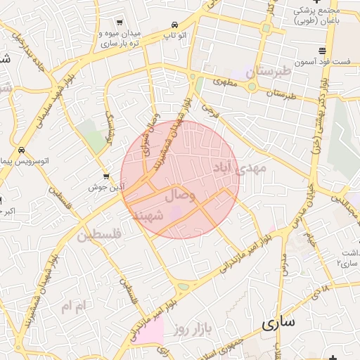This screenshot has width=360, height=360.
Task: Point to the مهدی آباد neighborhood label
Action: [238, 167]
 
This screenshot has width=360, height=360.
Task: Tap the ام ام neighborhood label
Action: [71, 306]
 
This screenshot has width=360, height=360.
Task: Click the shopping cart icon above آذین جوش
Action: [105, 176]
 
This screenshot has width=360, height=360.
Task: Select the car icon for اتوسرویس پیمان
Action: [22, 150]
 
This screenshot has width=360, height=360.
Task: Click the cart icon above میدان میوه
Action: [119, 22]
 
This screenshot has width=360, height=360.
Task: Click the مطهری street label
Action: [229, 83]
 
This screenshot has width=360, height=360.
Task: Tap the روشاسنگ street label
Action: [110, 126]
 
